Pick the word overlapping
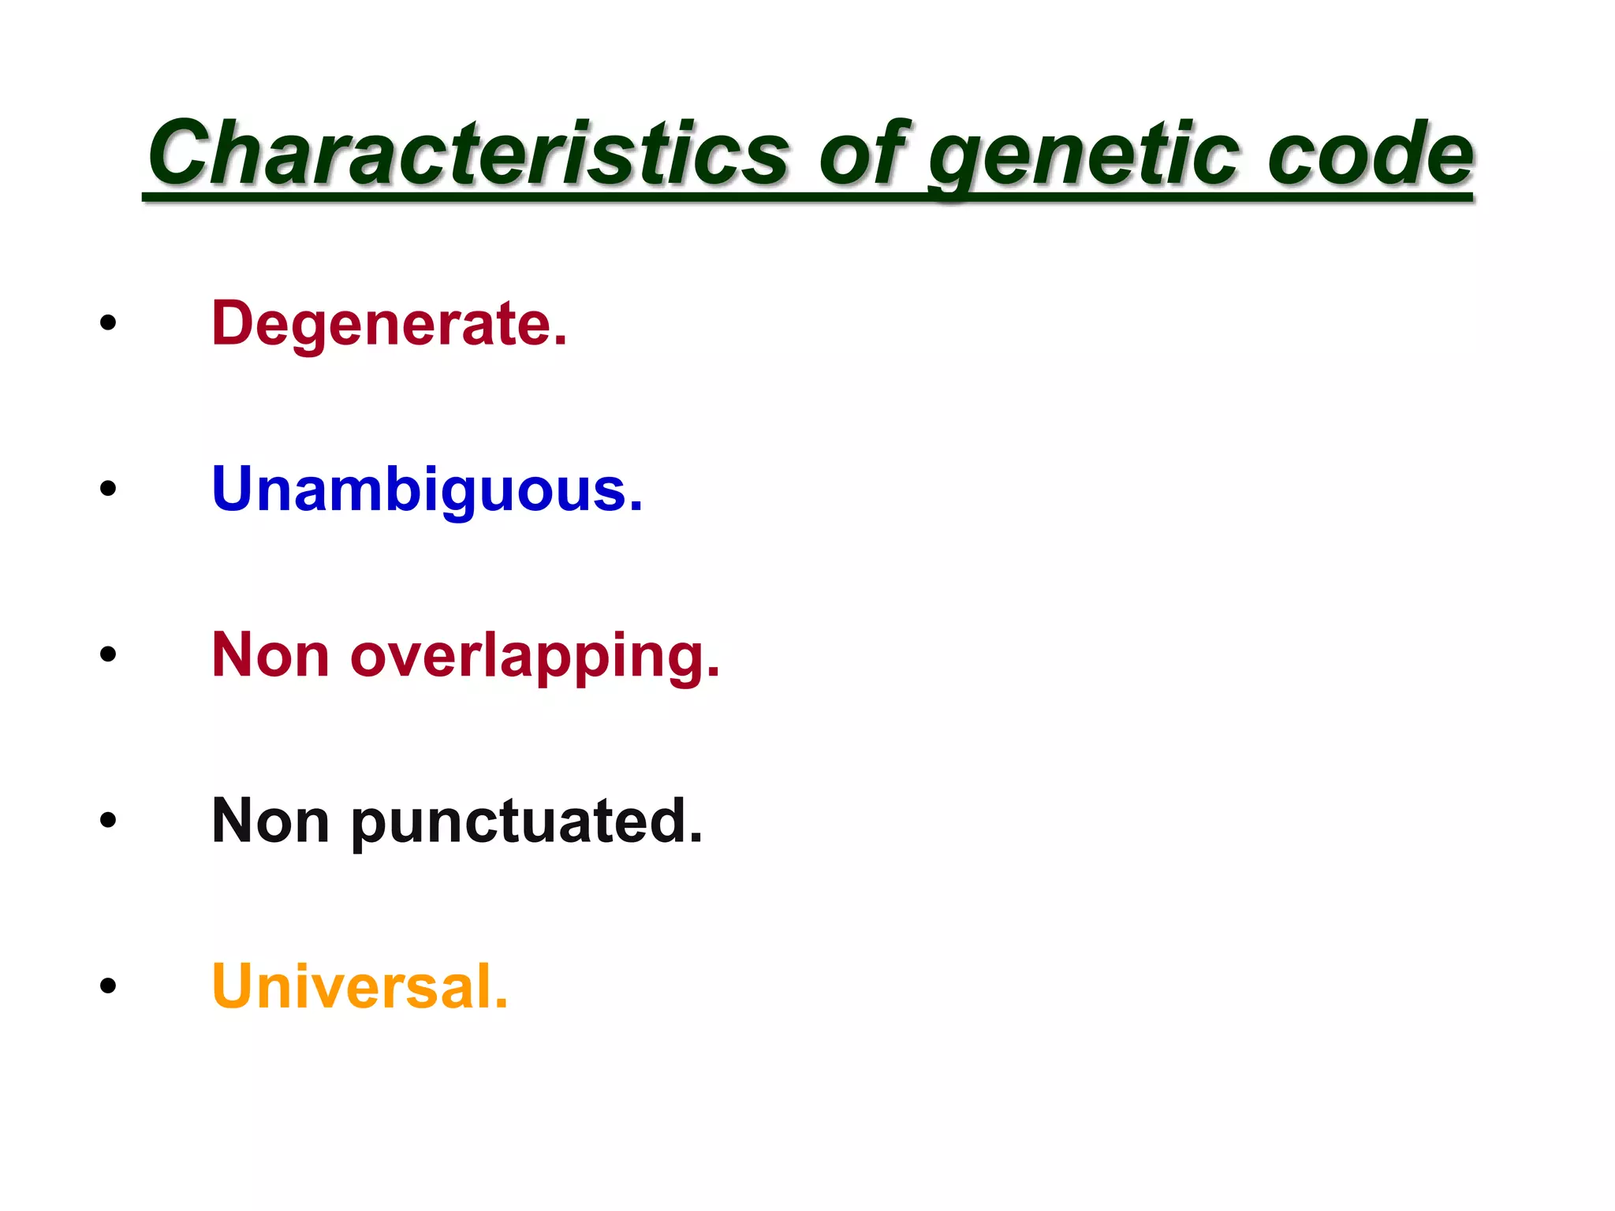coord(535,657)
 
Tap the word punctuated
coord(526,822)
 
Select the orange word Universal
coord(360,987)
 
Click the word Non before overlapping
coord(270,655)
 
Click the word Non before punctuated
coord(270,822)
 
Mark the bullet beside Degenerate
coord(108,322)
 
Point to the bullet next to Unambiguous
coord(108,488)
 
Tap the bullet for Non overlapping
coord(108,654)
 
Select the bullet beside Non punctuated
coord(108,820)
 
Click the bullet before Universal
coord(108,986)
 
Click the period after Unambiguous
coord(636,507)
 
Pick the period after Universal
coord(500,1004)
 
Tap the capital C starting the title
coord(179,153)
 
